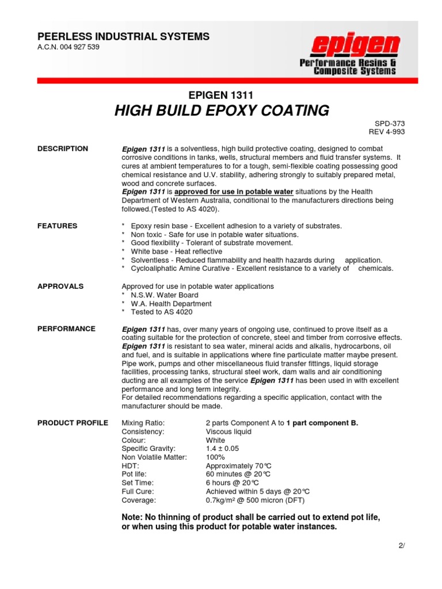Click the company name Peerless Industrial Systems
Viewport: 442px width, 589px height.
(x=124, y=37)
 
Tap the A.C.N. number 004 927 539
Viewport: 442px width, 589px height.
(x=68, y=47)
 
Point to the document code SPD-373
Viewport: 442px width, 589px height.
(x=393, y=123)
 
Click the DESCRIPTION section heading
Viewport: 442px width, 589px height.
(x=63, y=149)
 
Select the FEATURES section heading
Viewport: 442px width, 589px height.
(x=57, y=226)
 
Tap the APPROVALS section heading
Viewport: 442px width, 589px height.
(x=60, y=286)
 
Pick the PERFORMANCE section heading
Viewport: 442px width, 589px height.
(x=66, y=329)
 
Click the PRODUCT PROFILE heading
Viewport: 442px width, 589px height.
(x=73, y=423)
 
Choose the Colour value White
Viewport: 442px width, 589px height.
(x=215, y=440)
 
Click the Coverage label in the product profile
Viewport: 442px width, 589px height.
(x=138, y=500)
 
